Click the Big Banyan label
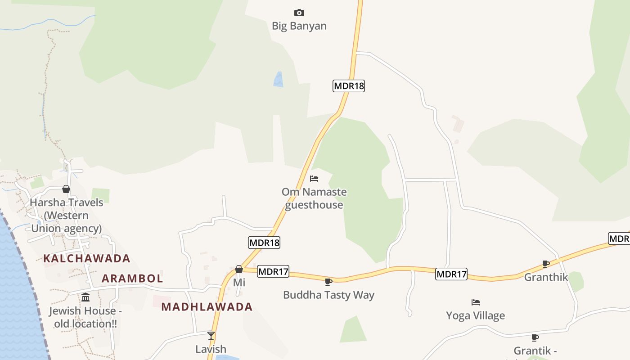(299, 26)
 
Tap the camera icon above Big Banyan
(299, 13)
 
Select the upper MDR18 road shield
(349, 85)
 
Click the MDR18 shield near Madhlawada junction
(264, 243)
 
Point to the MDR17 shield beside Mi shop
(273, 271)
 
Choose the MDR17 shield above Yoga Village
(451, 274)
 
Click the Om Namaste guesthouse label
(314, 198)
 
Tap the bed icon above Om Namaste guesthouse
(314, 179)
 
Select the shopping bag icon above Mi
(239, 269)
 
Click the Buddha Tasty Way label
(328, 295)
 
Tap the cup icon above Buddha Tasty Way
(328, 282)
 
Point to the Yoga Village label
(475, 315)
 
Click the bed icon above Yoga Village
(475, 302)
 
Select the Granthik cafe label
(546, 277)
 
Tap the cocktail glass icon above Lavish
(211, 335)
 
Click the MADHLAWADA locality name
(207, 307)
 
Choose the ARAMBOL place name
(132, 279)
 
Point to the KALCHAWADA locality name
(87, 258)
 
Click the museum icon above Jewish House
(85, 297)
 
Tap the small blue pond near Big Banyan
(278, 79)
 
